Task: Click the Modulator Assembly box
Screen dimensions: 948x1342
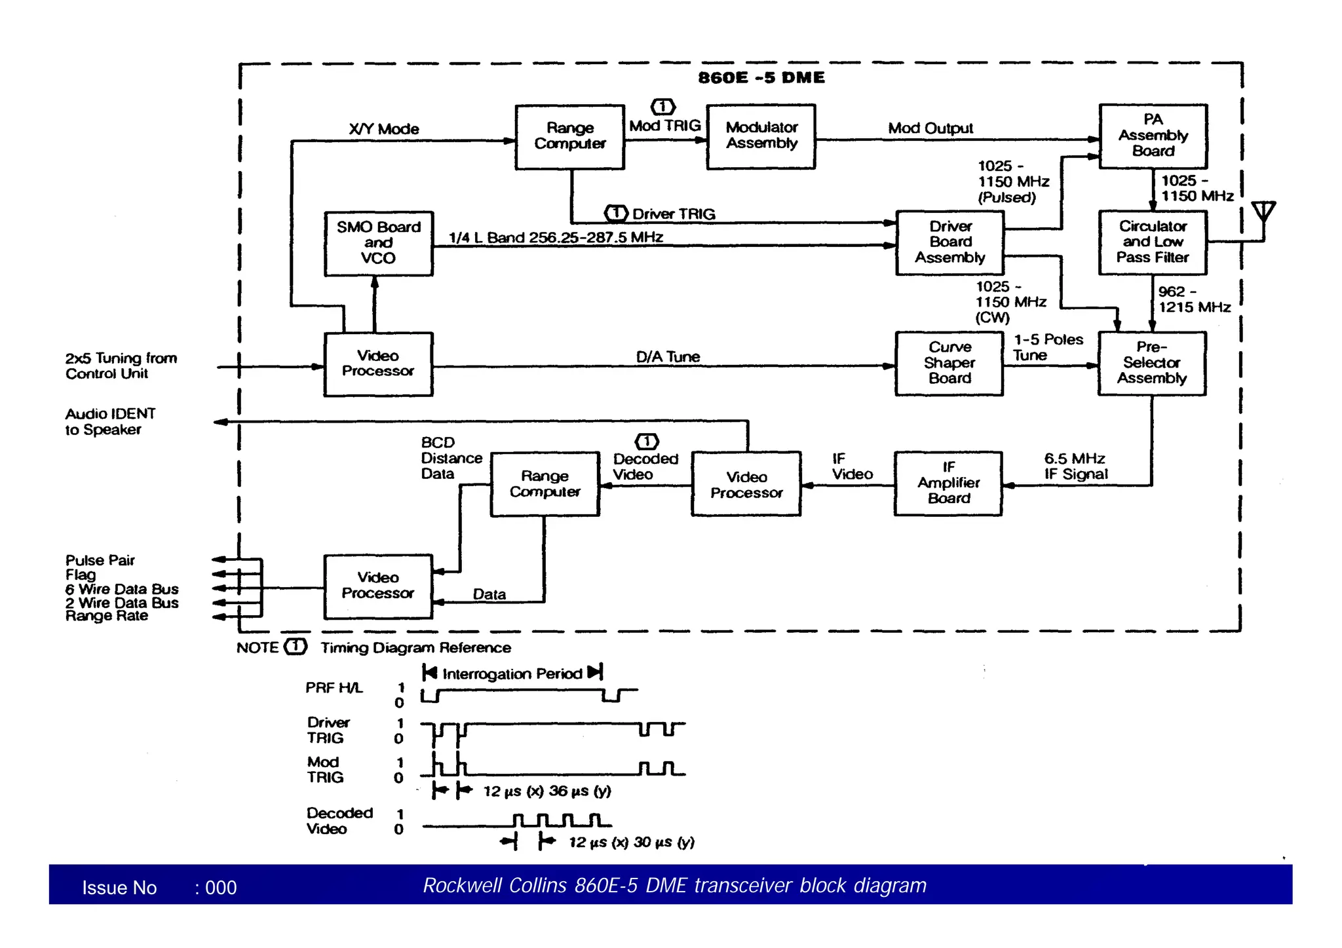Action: click(x=761, y=136)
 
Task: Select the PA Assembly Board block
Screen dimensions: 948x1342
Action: click(x=1153, y=136)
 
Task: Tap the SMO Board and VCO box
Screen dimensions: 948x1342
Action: click(x=379, y=243)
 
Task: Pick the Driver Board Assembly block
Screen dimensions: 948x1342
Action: click(x=949, y=242)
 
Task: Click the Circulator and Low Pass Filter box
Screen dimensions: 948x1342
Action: click(x=1153, y=242)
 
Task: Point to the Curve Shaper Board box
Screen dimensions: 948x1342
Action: click(x=949, y=363)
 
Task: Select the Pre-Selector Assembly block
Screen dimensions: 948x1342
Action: click(x=1152, y=363)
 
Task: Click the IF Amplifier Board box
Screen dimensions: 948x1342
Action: click(x=948, y=483)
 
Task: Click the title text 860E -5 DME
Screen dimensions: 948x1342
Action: click(x=761, y=78)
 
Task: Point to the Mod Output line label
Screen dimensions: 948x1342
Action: click(x=930, y=128)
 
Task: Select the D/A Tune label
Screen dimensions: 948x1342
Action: click(x=668, y=357)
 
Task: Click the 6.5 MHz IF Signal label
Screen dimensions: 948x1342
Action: click(x=1075, y=466)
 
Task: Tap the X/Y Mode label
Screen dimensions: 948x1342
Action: click(x=384, y=129)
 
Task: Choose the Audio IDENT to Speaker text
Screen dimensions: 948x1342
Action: click(x=110, y=422)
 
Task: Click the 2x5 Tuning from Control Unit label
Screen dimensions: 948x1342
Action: click(x=121, y=366)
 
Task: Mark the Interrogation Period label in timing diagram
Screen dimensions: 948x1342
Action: click(x=512, y=673)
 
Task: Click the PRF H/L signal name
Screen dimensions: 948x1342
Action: click(x=334, y=688)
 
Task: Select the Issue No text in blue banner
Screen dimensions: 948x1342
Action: click(x=119, y=888)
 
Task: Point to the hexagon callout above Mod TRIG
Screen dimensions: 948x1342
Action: click(x=663, y=107)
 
